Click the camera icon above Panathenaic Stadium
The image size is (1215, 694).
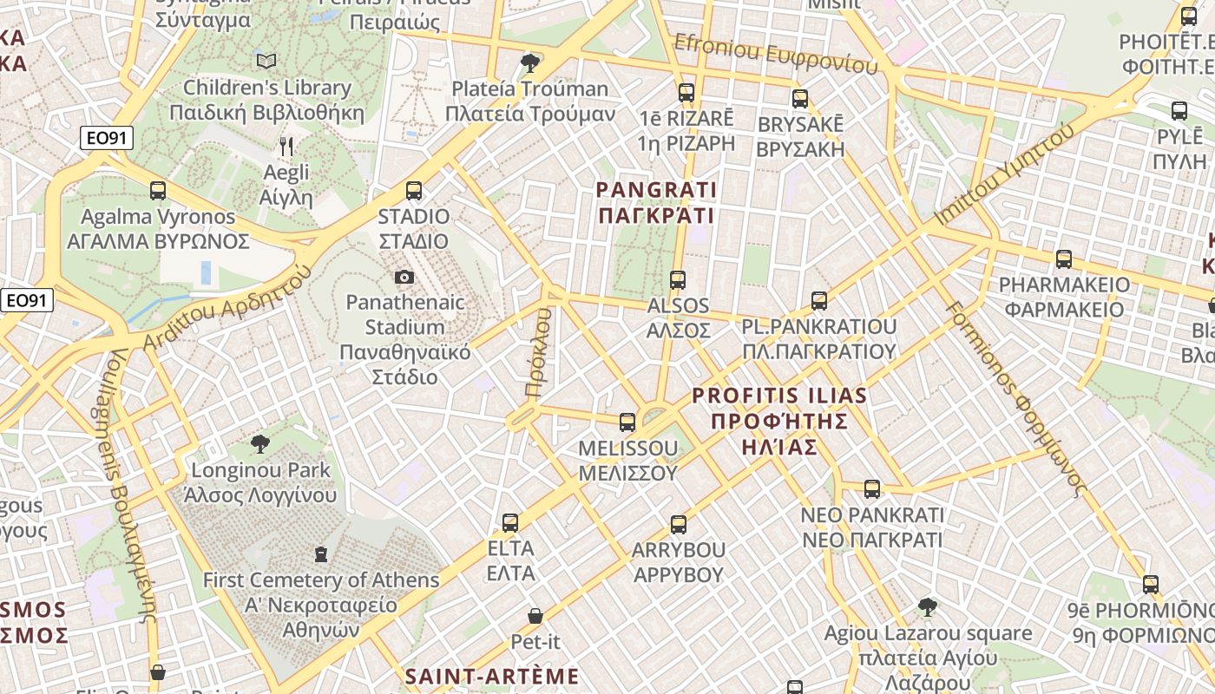click(x=404, y=278)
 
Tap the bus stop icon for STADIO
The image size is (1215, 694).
click(x=414, y=190)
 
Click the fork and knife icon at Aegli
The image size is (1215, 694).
click(x=286, y=147)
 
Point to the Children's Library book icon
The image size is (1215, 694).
click(x=266, y=61)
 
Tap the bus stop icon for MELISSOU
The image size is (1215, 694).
click(x=627, y=422)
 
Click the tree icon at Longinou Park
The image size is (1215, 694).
click(x=259, y=444)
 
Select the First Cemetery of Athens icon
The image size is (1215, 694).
click(x=321, y=553)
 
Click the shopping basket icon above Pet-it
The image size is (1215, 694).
click(x=535, y=616)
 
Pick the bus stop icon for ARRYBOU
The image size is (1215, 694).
click(x=679, y=524)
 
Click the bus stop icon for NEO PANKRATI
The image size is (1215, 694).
click(x=872, y=489)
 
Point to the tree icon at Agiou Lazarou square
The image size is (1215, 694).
click(x=928, y=606)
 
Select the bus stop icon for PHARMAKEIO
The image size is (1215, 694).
click(x=1064, y=259)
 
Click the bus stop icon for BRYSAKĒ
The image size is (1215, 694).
click(x=800, y=99)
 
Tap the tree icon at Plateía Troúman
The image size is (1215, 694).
click(x=529, y=63)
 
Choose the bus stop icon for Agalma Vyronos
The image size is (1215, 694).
click(x=158, y=190)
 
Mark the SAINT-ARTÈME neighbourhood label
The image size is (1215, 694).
click(x=492, y=676)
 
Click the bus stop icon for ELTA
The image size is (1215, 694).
click(x=510, y=523)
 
